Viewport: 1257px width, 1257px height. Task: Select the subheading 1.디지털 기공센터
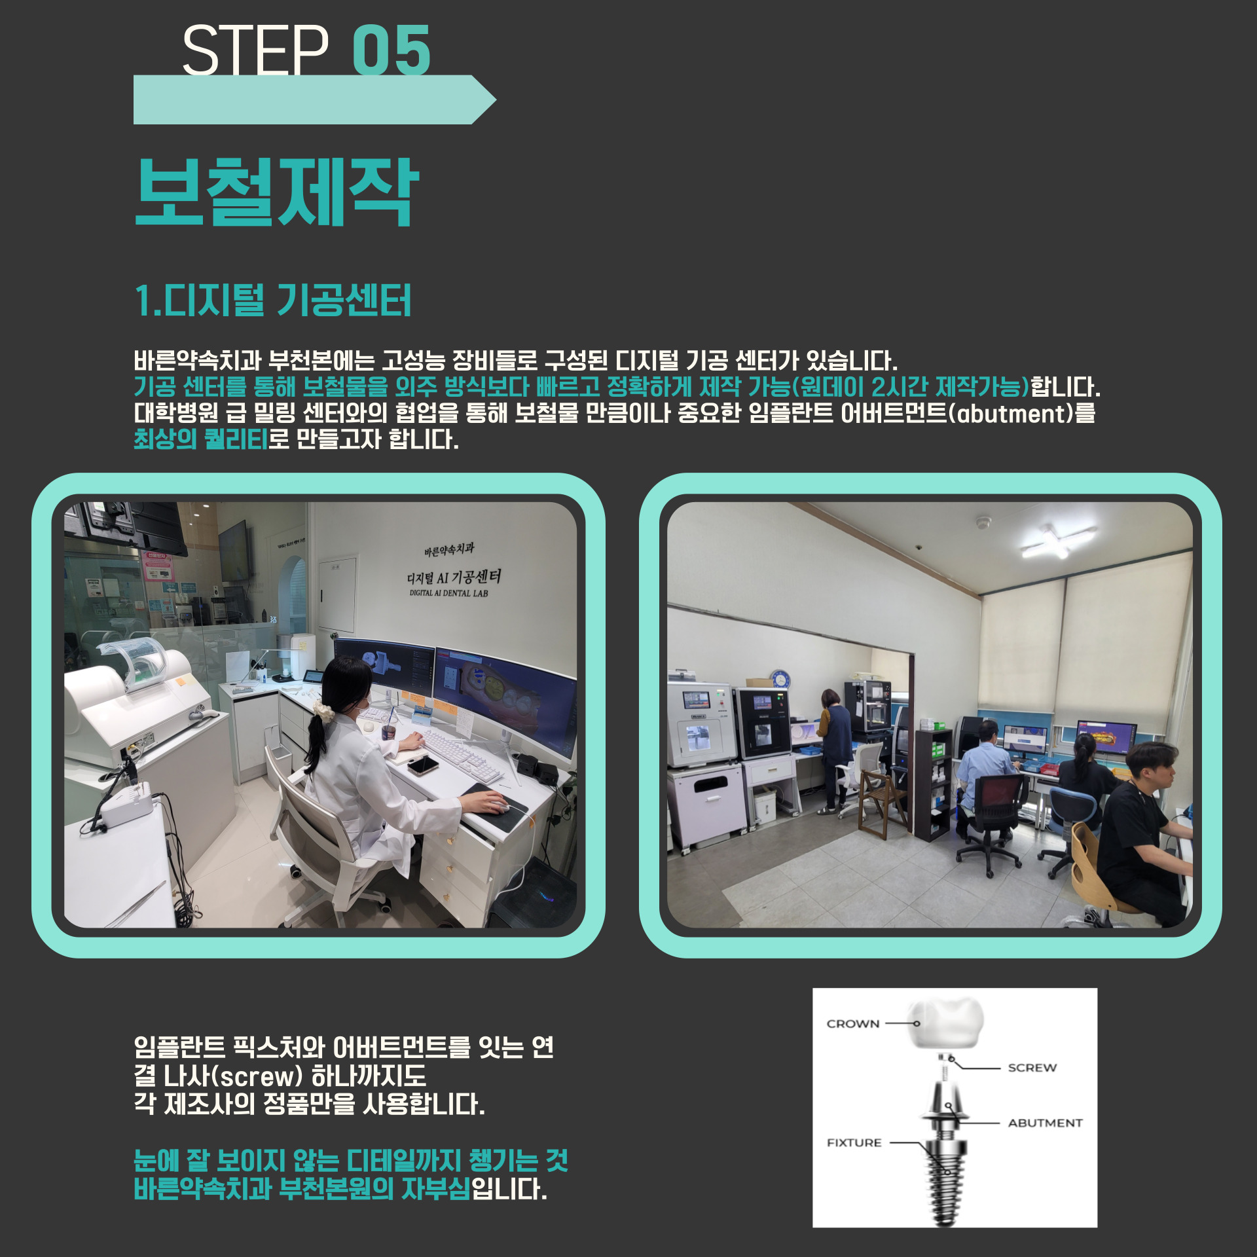tap(272, 301)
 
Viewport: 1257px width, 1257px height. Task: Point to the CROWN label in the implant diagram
tap(852, 1024)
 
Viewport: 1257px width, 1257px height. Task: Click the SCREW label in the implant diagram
tap(1032, 1068)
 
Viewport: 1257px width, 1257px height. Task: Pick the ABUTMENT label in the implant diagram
tap(1045, 1123)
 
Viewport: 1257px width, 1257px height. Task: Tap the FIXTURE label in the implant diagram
tap(854, 1142)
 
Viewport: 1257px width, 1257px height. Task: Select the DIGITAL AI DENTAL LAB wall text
tap(448, 593)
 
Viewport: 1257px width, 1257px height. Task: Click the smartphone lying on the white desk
tap(423, 765)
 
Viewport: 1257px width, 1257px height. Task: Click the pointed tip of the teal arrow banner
tap(496, 100)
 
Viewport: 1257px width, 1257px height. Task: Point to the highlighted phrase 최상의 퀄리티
tap(201, 439)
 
